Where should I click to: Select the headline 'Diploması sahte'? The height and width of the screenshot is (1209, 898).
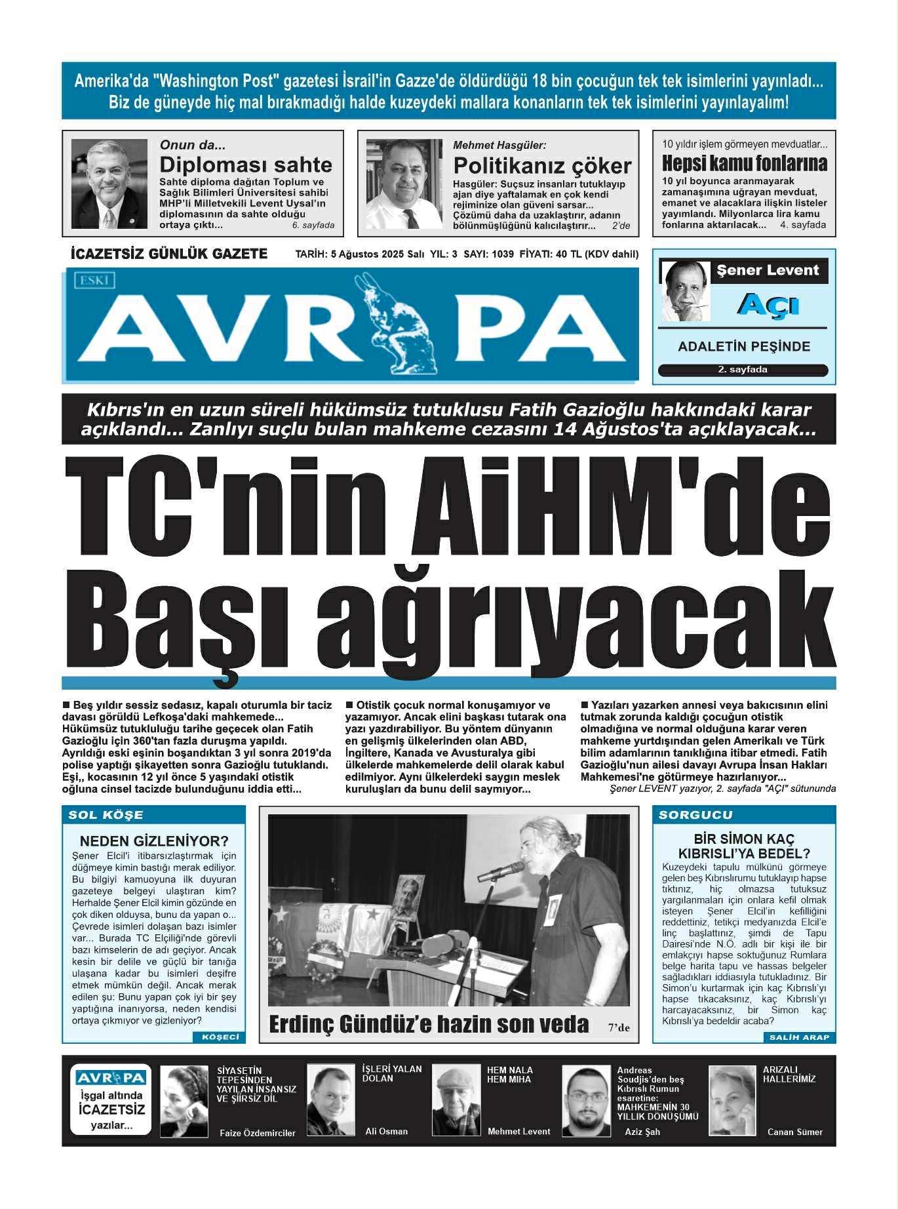click(246, 164)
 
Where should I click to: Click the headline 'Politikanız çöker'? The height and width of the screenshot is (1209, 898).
click(542, 165)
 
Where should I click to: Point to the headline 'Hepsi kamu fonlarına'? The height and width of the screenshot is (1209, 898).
click(744, 163)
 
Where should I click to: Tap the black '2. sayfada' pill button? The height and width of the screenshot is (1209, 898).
click(743, 370)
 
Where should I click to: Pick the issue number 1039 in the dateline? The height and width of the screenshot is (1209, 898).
click(502, 254)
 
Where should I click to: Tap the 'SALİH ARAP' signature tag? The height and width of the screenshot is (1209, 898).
click(799, 1037)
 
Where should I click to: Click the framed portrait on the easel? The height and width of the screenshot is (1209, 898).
click(407, 894)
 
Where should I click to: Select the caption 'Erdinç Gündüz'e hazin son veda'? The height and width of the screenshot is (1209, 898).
click(429, 1024)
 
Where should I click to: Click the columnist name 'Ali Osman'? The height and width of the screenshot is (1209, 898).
click(386, 1131)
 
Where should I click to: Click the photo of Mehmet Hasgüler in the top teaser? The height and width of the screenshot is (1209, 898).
click(404, 184)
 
